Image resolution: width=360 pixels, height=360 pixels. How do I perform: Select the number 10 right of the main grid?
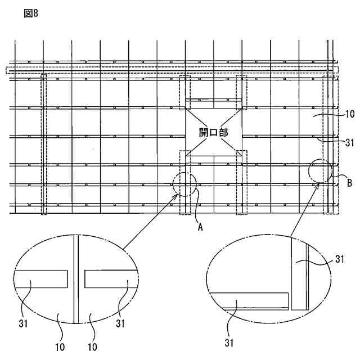click(x=349, y=114)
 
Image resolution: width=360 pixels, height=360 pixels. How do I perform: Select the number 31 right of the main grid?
click(x=349, y=141)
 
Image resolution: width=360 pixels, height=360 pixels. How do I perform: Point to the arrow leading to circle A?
click(x=152, y=220)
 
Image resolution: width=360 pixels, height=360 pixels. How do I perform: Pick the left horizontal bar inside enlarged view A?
click(x=41, y=278)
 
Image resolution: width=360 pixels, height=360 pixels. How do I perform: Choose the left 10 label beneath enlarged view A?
click(x=60, y=347)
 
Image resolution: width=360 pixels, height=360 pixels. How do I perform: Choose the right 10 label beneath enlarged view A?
click(x=92, y=347)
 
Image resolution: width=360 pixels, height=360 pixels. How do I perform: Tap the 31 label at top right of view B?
click(x=339, y=259)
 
